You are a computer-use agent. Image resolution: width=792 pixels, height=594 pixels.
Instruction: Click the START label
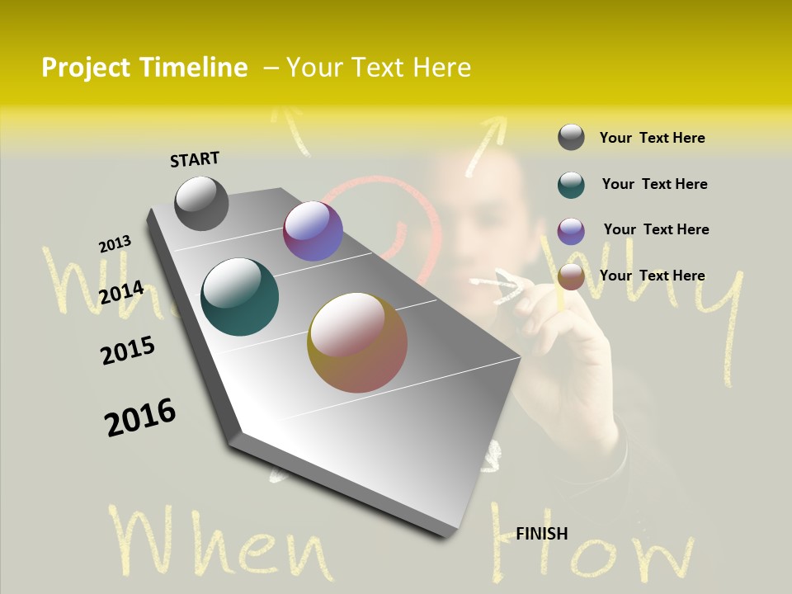point(195,159)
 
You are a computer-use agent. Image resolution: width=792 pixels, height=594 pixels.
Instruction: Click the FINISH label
point(542,534)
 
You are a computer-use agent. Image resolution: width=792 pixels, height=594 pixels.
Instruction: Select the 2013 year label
point(115,244)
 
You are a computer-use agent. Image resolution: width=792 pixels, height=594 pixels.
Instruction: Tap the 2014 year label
point(121,292)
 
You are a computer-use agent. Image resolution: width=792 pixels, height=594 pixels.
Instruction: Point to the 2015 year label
point(128,351)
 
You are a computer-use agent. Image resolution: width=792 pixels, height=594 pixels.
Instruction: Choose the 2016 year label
point(140,417)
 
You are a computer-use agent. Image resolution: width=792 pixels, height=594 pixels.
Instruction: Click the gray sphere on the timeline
point(201,203)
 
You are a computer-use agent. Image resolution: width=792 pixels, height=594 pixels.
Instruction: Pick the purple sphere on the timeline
point(313,231)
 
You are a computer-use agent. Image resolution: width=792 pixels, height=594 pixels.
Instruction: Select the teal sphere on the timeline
point(239,297)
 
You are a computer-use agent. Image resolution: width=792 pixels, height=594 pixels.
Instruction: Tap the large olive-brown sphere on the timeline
point(357,342)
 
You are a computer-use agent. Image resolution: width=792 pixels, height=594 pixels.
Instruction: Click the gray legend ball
point(571,137)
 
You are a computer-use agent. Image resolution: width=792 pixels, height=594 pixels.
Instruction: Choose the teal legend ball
point(571,185)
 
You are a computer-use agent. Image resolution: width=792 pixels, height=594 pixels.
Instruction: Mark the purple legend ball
point(571,231)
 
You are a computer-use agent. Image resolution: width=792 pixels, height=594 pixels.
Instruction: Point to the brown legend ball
point(571,277)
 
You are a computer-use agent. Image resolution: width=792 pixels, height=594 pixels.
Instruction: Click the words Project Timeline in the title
point(144,68)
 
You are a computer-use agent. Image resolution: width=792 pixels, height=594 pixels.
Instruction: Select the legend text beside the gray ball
point(652,138)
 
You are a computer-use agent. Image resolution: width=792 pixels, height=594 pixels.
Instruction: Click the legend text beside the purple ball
point(656,229)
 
